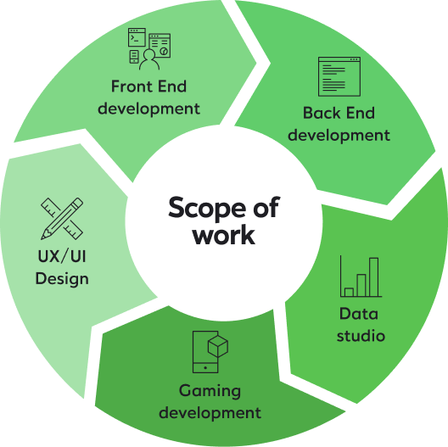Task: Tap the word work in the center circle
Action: [224, 235]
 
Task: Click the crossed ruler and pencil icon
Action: [62, 219]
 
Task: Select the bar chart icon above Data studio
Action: [361, 277]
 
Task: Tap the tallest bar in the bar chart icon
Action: [373, 277]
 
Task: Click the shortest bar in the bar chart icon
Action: [349, 292]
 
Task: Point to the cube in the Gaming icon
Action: [218, 346]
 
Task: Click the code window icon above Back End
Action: [339, 76]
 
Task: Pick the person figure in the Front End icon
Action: [149, 59]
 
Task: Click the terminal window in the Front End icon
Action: [137, 37]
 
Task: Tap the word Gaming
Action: [210, 391]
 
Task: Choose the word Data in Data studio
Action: [359, 314]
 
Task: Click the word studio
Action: [361, 336]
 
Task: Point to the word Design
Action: [62, 279]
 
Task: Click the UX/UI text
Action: [62, 256]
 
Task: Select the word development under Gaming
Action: [210, 413]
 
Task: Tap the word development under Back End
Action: [339, 135]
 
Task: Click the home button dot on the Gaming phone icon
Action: [205, 368]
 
